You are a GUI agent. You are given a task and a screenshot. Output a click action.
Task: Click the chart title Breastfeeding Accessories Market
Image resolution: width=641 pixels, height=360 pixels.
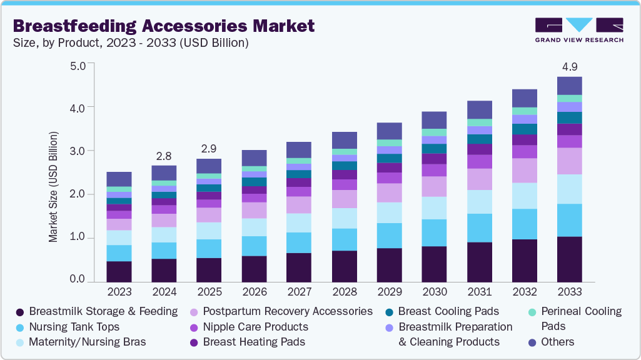click(x=163, y=26)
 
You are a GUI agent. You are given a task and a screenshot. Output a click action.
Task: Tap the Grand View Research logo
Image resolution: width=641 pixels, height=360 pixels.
click(x=579, y=29)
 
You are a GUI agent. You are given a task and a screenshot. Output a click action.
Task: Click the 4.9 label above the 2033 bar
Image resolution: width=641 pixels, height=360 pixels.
click(x=569, y=67)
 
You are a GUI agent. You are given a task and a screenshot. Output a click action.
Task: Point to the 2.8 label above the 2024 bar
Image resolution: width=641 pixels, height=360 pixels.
click(x=164, y=156)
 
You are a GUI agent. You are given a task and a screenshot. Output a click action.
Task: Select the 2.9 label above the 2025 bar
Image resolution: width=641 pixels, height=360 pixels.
click(x=208, y=149)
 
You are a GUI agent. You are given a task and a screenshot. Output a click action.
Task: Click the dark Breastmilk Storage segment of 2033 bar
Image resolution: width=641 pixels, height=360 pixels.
click(x=569, y=259)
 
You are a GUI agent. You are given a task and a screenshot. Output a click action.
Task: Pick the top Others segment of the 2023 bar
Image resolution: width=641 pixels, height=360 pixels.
click(x=119, y=179)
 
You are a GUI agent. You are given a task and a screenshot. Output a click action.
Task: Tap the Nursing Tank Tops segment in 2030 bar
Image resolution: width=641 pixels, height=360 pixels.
click(x=434, y=232)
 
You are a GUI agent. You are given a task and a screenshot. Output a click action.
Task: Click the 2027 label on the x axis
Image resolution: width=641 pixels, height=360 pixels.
click(x=299, y=292)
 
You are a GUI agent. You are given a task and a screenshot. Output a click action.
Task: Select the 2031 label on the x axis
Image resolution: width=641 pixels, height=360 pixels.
click(x=479, y=292)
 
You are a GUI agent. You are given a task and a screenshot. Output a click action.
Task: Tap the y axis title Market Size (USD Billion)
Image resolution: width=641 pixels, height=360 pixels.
click(x=54, y=187)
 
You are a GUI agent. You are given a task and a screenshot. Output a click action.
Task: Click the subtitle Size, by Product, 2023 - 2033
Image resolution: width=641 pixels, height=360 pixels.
click(x=131, y=43)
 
